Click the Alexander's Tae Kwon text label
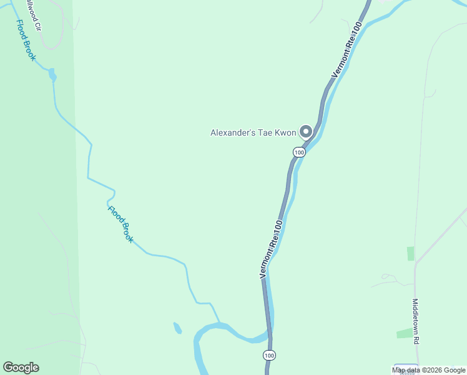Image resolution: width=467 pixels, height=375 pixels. [253, 132]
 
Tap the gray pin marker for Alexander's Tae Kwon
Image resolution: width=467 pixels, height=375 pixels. [306, 131]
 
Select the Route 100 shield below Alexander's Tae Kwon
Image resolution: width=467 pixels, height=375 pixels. [299, 152]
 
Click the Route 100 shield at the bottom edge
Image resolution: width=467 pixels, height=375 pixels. [268, 356]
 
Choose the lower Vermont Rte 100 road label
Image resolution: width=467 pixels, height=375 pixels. [272, 249]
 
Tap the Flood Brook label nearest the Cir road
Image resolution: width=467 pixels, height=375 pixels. [26, 40]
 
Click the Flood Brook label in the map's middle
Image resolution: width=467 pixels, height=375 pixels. [120, 224]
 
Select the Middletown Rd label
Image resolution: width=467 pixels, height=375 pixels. [415, 320]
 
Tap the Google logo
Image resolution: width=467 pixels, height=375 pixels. [21, 367]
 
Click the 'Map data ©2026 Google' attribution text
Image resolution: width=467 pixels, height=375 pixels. [429, 370]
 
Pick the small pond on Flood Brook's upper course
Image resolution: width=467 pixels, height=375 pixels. [52, 76]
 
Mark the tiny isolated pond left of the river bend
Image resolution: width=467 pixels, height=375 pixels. [177, 328]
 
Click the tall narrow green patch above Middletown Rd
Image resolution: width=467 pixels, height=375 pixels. [410, 253]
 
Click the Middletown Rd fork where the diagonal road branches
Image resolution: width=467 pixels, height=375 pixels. [415, 262]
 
